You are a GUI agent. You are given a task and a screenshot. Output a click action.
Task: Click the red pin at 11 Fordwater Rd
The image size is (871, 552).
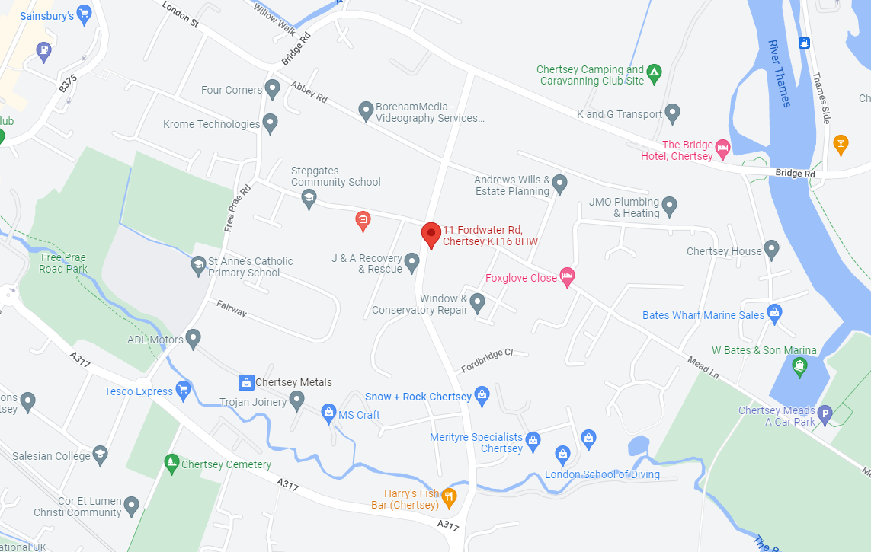(431, 234)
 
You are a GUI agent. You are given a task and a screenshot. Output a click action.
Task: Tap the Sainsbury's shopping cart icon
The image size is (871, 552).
(85, 13)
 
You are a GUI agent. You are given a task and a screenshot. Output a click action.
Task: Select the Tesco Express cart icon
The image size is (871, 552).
(182, 391)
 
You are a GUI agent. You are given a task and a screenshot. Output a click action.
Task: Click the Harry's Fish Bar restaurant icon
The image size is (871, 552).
(449, 499)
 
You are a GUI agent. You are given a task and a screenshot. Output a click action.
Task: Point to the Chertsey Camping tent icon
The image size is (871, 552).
(655, 74)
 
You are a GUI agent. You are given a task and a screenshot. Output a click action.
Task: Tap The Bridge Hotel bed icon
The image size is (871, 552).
(723, 148)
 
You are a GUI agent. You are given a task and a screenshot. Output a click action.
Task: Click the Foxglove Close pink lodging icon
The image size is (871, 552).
(567, 277)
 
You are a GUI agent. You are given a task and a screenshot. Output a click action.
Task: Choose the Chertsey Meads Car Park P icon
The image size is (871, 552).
(825, 415)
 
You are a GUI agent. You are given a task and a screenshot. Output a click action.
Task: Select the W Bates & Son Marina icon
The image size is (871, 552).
(799, 368)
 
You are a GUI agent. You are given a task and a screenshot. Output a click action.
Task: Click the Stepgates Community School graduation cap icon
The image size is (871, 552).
(309, 199)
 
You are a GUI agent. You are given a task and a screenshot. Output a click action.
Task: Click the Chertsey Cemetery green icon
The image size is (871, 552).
(171, 463)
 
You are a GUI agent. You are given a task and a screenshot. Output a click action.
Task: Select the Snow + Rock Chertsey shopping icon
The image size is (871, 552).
(482, 395)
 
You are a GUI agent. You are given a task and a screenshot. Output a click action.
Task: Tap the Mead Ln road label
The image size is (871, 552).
(703, 366)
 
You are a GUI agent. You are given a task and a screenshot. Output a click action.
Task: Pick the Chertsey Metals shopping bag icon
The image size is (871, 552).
(246, 381)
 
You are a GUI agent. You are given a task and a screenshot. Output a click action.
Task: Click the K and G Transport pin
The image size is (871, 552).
(672, 113)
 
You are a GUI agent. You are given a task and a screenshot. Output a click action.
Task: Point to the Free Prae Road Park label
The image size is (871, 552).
(63, 263)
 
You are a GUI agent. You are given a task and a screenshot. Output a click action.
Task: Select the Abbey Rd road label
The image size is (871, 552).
(309, 91)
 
